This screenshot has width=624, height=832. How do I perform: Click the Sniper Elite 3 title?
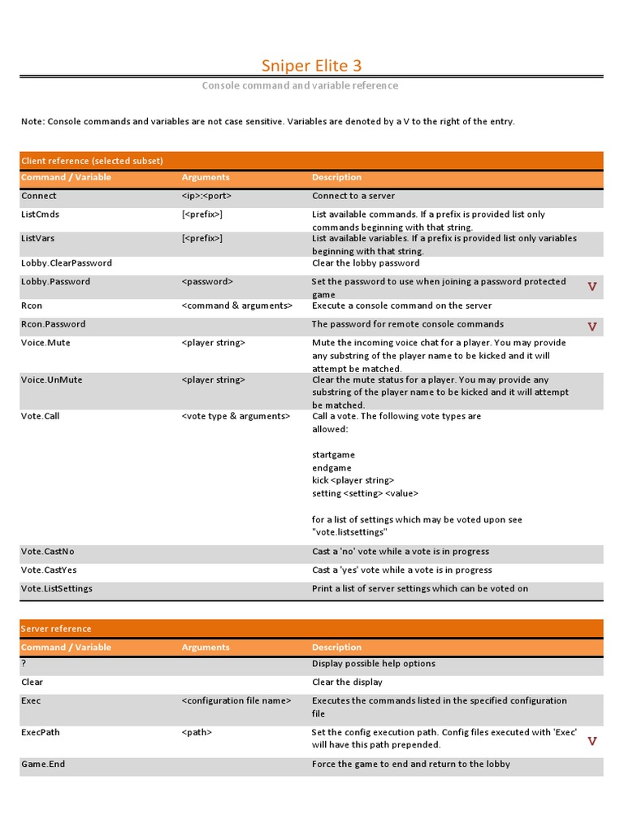pyautogui.click(x=311, y=65)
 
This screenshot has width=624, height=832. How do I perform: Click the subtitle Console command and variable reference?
pyautogui.click(x=300, y=85)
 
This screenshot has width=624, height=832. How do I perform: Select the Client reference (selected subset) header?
pyautogui.click(x=92, y=161)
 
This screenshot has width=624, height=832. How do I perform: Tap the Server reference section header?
pyautogui.click(x=56, y=629)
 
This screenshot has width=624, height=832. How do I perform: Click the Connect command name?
pyautogui.click(x=39, y=196)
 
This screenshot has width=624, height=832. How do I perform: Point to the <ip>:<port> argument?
pyautogui.click(x=213, y=196)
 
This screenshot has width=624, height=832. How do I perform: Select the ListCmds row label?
pyautogui.click(x=41, y=214)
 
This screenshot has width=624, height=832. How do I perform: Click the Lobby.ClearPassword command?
pyautogui.click(x=67, y=263)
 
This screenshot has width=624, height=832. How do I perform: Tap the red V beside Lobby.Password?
pyautogui.click(x=592, y=287)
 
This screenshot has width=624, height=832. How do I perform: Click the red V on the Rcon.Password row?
pyautogui.click(x=592, y=327)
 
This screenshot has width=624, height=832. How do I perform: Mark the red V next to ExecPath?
pyautogui.click(x=592, y=741)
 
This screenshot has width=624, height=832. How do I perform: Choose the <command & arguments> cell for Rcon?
pyautogui.click(x=237, y=305)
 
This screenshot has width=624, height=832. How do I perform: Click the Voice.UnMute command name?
pyautogui.click(x=51, y=380)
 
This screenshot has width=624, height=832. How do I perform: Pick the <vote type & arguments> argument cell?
pyautogui.click(x=236, y=416)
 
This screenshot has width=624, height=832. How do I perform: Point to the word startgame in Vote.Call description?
pyautogui.click(x=333, y=455)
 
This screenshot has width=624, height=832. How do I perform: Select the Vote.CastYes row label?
pyautogui.click(x=50, y=570)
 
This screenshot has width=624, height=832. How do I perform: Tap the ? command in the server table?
pyautogui.click(x=24, y=664)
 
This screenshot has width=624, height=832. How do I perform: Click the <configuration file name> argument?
pyautogui.click(x=236, y=700)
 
